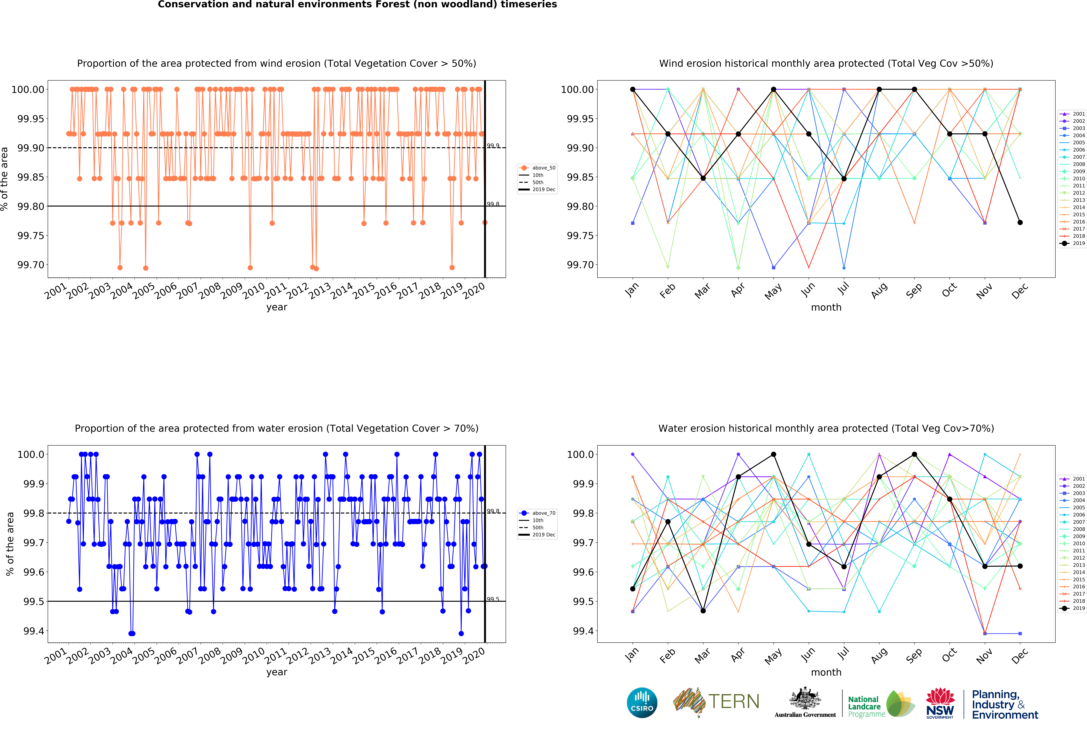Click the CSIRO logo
pos(642,703)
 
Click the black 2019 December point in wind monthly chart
pos(1020,222)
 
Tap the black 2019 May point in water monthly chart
pos(773,454)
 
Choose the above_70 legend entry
pos(537,513)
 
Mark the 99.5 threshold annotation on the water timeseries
pos(493,599)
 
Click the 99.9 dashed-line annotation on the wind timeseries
pos(493,145)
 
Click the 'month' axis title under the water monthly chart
pos(826,672)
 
